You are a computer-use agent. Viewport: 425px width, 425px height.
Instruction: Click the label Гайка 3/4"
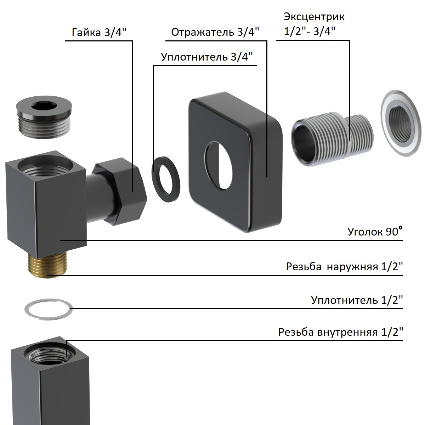point(99,32)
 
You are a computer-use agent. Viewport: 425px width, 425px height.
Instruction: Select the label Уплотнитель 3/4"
point(206,57)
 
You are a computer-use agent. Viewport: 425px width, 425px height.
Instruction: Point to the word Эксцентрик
point(314,17)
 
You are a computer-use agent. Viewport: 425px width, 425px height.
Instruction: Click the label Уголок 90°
point(375,231)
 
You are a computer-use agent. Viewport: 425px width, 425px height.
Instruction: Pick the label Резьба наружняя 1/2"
point(345,266)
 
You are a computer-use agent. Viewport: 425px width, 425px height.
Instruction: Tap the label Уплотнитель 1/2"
point(357,300)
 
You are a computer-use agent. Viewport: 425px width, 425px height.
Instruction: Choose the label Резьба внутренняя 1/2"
point(340,331)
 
